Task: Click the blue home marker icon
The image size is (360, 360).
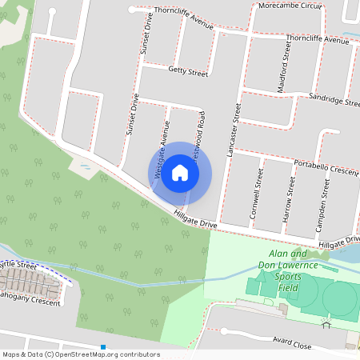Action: [x=180, y=173]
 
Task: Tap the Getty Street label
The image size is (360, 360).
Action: [x=188, y=72]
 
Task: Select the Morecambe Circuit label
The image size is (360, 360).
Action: [x=290, y=6]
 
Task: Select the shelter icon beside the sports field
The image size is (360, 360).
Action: [x=326, y=323]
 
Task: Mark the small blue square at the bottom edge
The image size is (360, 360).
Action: [x=103, y=347]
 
